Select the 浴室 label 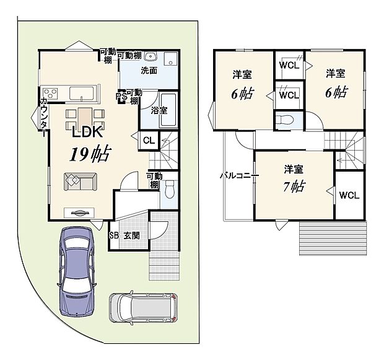(159, 110)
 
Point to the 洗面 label (148, 70)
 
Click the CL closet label (149, 140)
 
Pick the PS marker (123, 96)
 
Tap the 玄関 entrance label (131, 235)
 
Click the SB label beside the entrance (114, 235)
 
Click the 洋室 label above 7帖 (294, 169)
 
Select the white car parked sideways (143, 307)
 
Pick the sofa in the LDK (79, 181)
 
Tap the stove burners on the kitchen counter (50, 94)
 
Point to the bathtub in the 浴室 (169, 110)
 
